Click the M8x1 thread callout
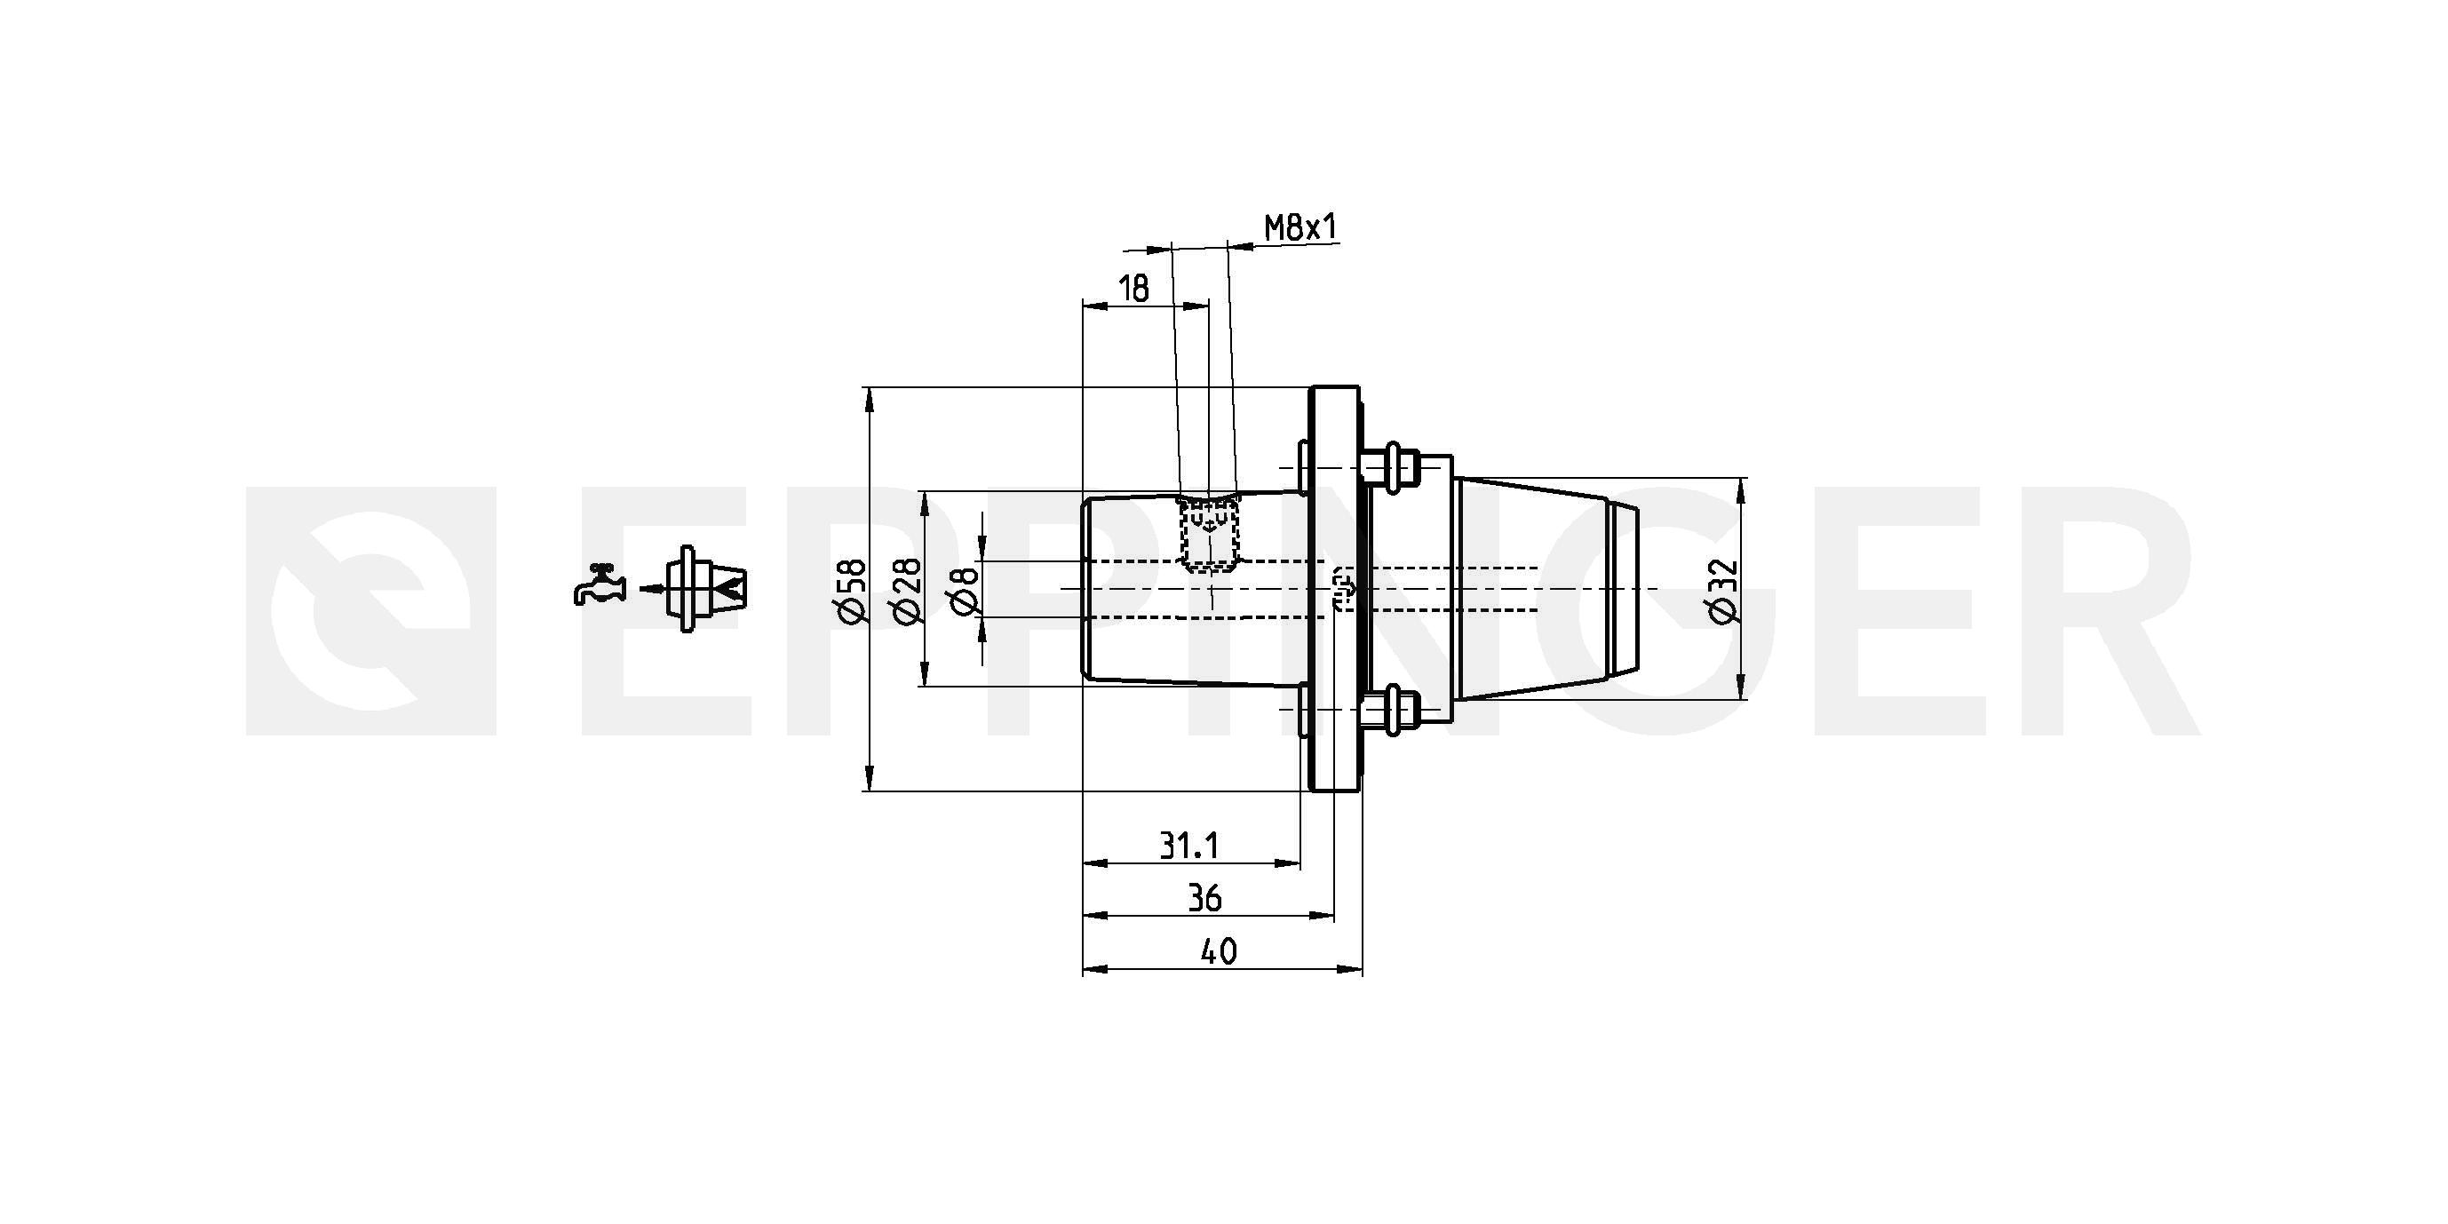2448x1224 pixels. (x=1300, y=227)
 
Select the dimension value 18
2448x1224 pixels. (x=1133, y=288)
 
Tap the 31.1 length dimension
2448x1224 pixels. (x=1188, y=845)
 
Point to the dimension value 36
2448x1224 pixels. (x=1205, y=898)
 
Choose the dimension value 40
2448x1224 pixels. (x=1219, y=951)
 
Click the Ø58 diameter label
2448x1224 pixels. (x=853, y=591)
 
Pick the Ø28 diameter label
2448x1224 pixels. (x=908, y=591)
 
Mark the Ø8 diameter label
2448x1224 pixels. (x=963, y=589)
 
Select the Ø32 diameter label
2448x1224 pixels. (x=1722, y=591)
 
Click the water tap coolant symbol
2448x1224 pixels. (x=600, y=584)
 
